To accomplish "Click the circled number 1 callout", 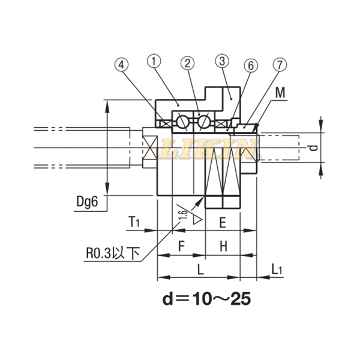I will [x=155, y=61].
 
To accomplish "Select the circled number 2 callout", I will [x=188, y=63].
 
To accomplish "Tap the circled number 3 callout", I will [x=222, y=61].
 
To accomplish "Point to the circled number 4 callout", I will [x=122, y=65].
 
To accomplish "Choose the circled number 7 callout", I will [x=279, y=64].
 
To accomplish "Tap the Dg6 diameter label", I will [x=86, y=202].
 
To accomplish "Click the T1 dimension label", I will [x=134, y=223].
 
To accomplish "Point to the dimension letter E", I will [x=222, y=223].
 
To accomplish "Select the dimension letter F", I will [x=181, y=246].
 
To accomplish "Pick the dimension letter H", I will [x=222, y=246].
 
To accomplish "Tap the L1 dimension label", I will [x=276, y=269].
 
